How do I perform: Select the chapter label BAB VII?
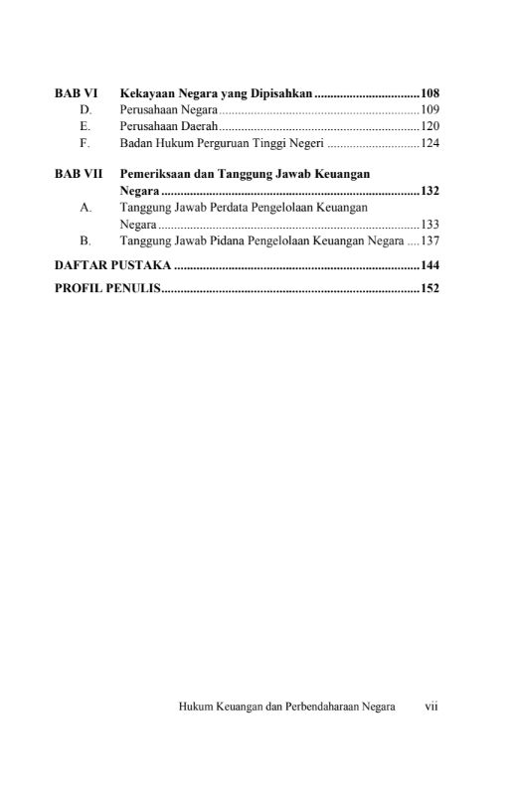[x=79, y=173]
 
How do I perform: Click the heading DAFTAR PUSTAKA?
[x=112, y=266]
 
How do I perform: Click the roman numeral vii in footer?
[x=431, y=707]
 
